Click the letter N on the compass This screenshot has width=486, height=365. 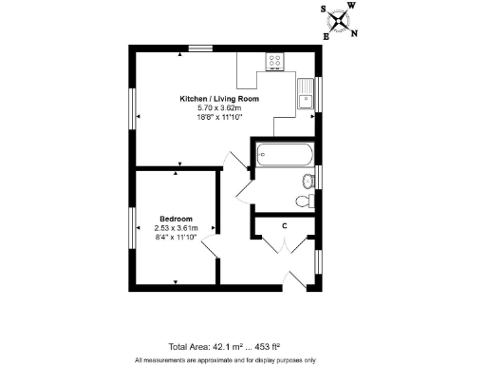pyautogui.click(x=354, y=34)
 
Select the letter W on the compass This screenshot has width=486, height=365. pyautogui.click(x=351, y=6)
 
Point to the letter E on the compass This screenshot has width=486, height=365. pyautogui.click(x=327, y=36)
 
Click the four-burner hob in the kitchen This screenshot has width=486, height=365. pyautogui.click(x=275, y=63)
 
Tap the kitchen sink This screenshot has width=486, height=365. pyautogui.click(x=306, y=96)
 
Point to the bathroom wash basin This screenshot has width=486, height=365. pyautogui.click(x=307, y=181)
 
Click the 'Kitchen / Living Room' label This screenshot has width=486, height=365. pyautogui.click(x=220, y=99)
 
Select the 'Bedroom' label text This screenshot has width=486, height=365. pyautogui.click(x=176, y=219)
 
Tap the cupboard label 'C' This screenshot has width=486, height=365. pyautogui.click(x=285, y=225)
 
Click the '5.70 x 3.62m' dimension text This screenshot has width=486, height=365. pyautogui.click(x=220, y=108)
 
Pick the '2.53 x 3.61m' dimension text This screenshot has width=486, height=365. pyautogui.click(x=176, y=228)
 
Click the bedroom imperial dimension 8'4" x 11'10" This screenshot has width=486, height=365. pyautogui.click(x=176, y=238)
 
